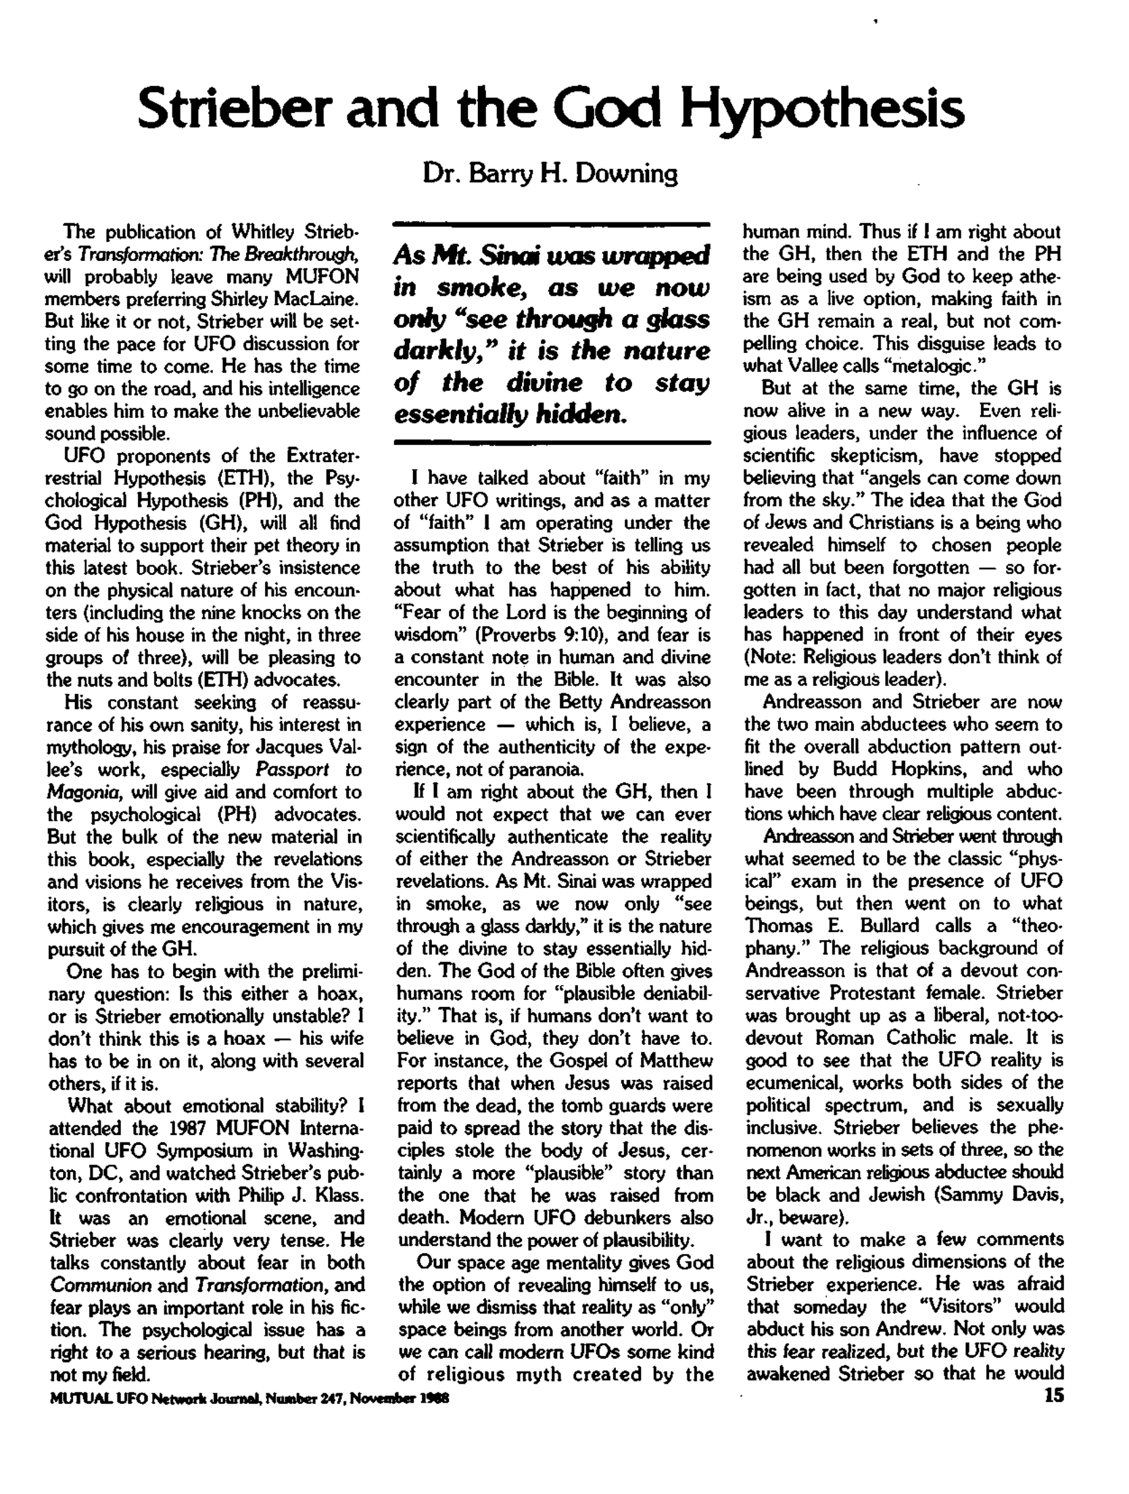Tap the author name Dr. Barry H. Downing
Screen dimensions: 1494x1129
[x=550, y=174]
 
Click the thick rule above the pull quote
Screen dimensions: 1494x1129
[x=551, y=223]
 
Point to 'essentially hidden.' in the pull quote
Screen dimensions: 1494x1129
[x=510, y=413]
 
